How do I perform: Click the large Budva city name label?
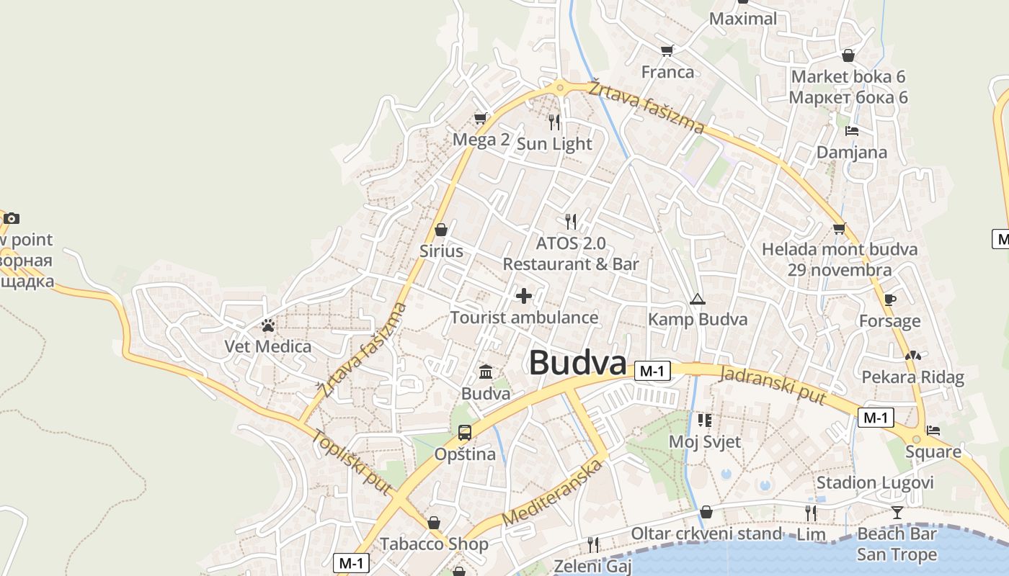click(577, 363)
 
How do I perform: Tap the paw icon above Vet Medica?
click(268, 325)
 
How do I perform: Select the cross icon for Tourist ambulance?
click(524, 295)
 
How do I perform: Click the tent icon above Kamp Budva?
click(697, 299)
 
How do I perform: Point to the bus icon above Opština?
click(465, 433)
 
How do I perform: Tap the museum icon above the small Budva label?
click(486, 372)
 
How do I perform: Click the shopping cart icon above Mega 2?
click(480, 118)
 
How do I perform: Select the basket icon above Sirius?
click(441, 230)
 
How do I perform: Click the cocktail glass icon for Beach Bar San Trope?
click(897, 513)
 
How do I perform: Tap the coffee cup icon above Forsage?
click(889, 300)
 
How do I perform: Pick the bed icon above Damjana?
click(852, 131)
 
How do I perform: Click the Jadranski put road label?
click(772, 384)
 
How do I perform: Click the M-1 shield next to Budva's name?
click(652, 372)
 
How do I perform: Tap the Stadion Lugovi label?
click(874, 482)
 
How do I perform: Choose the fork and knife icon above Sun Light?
click(554, 122)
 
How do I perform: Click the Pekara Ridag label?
click(912, 377)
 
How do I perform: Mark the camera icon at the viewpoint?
click(12, 218)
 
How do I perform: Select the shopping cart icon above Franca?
click(667, 50)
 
